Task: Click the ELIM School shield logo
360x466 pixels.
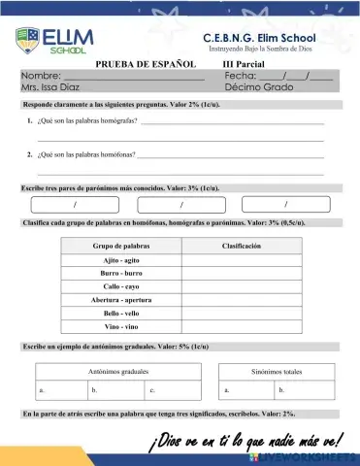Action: coord(26,41)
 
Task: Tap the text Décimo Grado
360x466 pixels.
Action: coord(258,86)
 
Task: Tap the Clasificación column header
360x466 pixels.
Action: coord(242,247)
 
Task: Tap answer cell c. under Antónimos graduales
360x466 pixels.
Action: coord(174,390)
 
